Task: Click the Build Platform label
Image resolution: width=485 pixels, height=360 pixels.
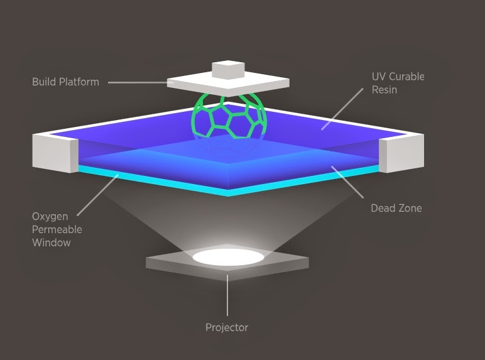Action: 65,82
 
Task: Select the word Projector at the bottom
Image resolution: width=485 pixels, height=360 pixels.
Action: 227,327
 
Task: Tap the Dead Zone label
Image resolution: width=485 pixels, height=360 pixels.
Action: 396,208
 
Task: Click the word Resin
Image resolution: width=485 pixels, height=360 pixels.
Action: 385,90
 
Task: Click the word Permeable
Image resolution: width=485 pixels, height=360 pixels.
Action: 57,229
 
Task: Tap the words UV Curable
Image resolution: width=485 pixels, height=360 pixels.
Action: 398,77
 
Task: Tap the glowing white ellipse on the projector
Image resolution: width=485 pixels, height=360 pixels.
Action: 227,256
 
